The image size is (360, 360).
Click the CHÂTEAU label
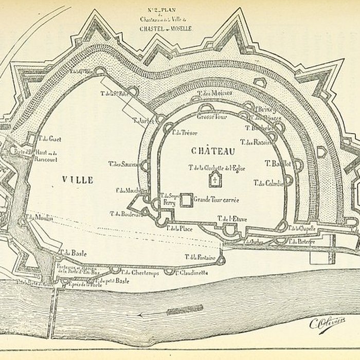coord(212,151)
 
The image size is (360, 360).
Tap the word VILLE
coord(77,179)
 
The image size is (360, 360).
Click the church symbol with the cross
coord(212,179)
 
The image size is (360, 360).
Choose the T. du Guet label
coord(50,138)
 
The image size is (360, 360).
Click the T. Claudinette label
coord(191,273)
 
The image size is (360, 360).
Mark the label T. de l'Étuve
coord(232,219)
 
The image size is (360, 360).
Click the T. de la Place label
coord(179,229)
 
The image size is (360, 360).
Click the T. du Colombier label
coord(267,183)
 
